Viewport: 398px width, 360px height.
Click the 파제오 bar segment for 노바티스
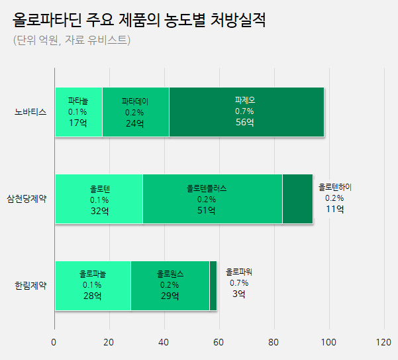tap(246, 111)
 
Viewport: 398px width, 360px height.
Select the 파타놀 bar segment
tap(78, 111)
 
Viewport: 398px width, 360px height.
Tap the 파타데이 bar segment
tap(135, 111)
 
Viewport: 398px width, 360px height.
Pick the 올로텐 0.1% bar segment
tap(99, 199)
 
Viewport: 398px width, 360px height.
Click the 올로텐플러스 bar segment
tap(212, 199)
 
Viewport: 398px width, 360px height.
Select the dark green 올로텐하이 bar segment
tap(297, 199)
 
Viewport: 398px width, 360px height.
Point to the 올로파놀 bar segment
tap(92, 286)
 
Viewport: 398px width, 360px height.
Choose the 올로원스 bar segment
tap(170, 286)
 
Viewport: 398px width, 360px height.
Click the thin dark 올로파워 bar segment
tap(213, 286)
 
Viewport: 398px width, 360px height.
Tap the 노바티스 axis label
tap(30, 111)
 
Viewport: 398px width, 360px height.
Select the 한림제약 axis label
tap(30, 286)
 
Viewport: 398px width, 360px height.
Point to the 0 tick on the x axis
tap(54, 343)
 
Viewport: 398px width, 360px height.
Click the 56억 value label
tap(244, 123)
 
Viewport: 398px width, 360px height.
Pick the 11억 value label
tap(334, 210)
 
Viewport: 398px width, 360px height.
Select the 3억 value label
tap(238, 294)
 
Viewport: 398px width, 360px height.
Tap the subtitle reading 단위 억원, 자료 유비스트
tap(72, 40)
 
